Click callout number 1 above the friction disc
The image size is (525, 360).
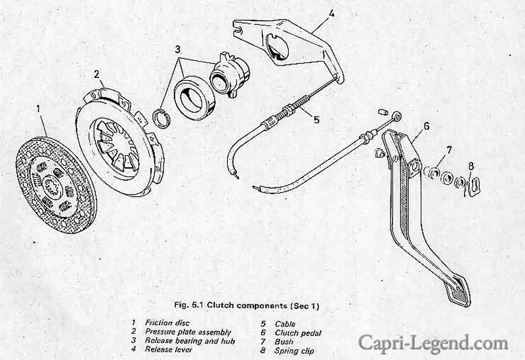39,108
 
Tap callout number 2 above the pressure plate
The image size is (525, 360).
96,74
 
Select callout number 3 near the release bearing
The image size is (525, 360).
177,50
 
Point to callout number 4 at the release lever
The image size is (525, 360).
331,14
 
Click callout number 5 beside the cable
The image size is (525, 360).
317,119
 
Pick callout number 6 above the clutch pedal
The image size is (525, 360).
426,126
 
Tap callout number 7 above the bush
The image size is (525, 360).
449,151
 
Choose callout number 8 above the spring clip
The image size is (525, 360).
471,166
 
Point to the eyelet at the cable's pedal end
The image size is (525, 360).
398,116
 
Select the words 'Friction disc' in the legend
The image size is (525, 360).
167,323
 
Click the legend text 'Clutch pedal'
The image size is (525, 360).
298,333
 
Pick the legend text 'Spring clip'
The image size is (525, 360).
294,351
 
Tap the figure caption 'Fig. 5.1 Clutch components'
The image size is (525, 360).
231,305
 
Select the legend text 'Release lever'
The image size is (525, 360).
169,350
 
